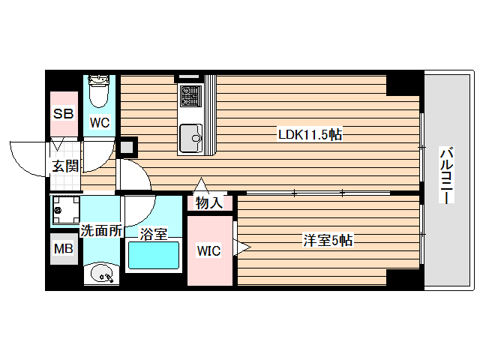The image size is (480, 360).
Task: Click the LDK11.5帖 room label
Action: coord(310,136)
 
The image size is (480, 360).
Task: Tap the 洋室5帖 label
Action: coord(328,241)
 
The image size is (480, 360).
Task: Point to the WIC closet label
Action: coord(208,250)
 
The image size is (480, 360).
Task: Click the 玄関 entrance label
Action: coord(64,166)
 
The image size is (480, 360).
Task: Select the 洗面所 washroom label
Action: coord(100,231)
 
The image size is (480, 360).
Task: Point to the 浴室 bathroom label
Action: coord(154,234)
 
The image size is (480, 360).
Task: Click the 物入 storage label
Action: coord(209,202)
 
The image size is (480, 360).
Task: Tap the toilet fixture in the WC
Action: coord(98,91)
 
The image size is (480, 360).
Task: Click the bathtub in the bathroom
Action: coord(154,257)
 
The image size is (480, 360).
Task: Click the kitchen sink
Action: coord(190,136)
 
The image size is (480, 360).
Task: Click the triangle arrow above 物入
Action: coord(201,185)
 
